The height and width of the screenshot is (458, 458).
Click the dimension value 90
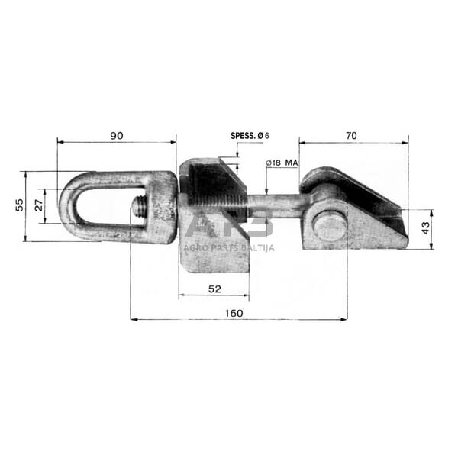point(117,136)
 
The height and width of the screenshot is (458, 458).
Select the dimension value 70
point(351,136)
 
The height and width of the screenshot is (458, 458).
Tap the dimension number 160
point(234,313)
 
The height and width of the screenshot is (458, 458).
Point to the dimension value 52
point(214,289)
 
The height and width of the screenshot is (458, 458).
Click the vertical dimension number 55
point(19,205)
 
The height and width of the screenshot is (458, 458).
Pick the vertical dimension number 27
point(39,205)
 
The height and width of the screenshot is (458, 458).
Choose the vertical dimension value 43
point(425,228)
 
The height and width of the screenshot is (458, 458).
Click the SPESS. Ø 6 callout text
point(250,136)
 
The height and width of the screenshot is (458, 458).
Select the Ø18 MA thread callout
point(282,163)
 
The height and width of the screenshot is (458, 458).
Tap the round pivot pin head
point(331,227)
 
